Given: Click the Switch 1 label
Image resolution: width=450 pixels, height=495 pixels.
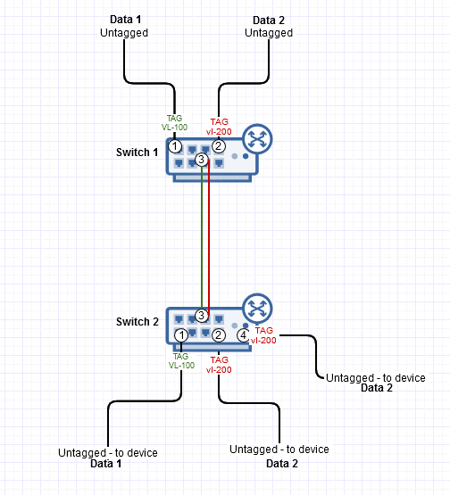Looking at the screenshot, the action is point(137,153).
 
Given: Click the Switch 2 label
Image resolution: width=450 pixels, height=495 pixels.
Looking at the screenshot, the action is point(137,322).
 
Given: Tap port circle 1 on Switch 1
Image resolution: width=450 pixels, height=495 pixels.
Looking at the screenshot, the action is point(175,146).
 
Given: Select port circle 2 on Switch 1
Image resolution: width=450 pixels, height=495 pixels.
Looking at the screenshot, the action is point(219,146).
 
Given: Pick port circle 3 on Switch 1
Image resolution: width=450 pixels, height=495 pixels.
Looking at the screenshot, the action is point(201,160).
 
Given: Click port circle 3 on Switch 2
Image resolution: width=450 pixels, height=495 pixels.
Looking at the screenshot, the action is point(201,315).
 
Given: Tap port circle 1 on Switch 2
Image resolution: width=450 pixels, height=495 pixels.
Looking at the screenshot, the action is point(181,335).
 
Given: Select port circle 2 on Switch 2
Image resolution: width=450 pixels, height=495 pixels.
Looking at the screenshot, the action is point(219,335).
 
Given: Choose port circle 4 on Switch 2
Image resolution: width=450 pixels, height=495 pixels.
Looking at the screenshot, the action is point(244,335).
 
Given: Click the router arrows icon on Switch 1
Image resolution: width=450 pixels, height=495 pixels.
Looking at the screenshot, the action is point(257,139).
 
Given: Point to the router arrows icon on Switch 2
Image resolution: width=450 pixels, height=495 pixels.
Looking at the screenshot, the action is point(257,309).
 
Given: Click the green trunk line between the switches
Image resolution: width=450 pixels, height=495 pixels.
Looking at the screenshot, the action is point(202,237).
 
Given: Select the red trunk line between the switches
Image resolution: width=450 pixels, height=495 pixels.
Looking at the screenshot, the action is point(209,237).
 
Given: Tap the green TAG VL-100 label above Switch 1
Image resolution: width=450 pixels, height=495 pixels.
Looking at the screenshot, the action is point(174,123).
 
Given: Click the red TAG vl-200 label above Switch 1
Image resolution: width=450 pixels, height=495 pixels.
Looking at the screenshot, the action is point(219,127).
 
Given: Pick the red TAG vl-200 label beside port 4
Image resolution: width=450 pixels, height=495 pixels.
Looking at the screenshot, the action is point(263,335).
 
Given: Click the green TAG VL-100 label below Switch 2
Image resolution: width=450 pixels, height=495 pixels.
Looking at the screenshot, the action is point(181,361).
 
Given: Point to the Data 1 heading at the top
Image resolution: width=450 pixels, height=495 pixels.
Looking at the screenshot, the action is point(126,20).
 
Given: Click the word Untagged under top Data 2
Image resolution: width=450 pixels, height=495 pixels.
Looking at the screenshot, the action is point(269,33).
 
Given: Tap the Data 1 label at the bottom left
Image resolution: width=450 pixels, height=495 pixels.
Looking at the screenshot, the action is point(106,464).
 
